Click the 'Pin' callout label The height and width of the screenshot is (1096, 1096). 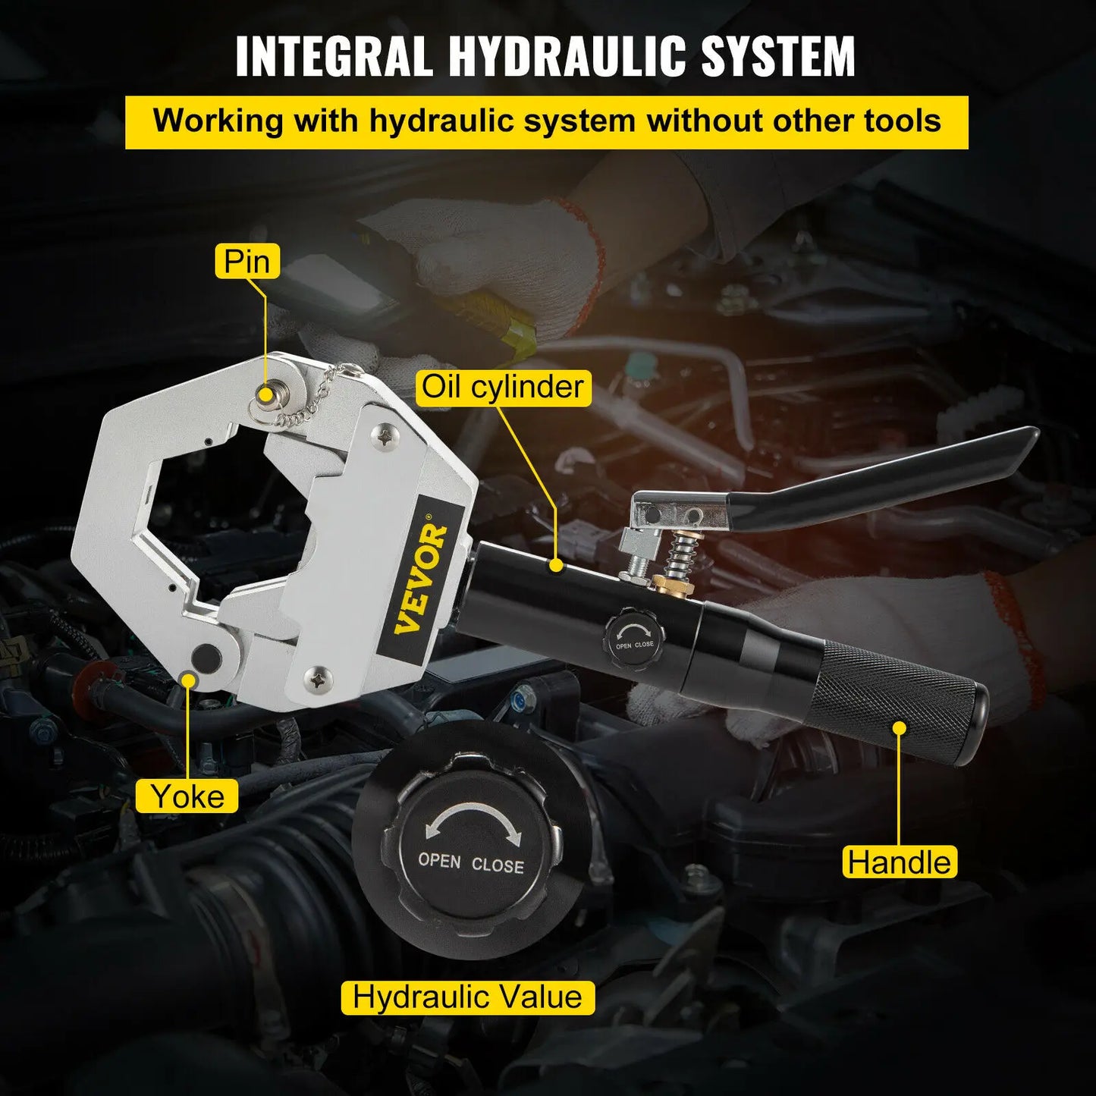247,262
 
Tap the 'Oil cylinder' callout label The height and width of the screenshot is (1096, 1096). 502,387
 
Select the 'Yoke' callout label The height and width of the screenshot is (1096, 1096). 187,796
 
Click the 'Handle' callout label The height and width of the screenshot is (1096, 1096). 899,862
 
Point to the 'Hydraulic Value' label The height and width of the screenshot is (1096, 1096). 467,997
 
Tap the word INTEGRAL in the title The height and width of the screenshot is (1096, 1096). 334,56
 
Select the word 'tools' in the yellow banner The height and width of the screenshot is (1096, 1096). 902,121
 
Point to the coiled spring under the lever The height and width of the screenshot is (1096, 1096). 680,556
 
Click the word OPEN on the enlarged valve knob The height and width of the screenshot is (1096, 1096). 439,861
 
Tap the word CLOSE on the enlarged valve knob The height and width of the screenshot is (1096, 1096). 498,865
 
